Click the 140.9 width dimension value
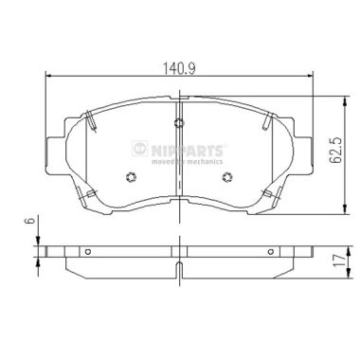[179, 68]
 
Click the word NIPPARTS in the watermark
[189, 148]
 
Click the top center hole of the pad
[180, 120]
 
